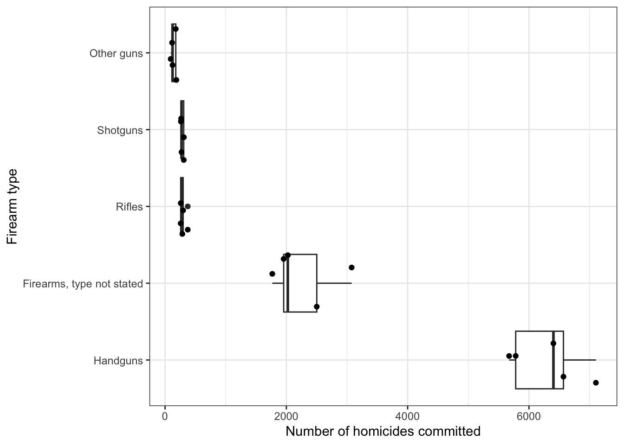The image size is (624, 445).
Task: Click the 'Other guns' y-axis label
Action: point(116,53)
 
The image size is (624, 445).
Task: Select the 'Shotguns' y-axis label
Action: point(120,130)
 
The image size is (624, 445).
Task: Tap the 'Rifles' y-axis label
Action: point(129,207)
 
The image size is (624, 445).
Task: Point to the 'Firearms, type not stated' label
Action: point(83,284)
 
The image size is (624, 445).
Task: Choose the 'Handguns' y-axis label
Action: point(118,360)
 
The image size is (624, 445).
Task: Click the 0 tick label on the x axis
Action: point(165,416)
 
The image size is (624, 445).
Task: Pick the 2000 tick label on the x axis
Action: point(286,416)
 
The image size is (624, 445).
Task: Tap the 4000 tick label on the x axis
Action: point(407,416)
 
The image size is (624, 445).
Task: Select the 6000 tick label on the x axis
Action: point(528,416)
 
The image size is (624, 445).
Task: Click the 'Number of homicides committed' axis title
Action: point(383,432)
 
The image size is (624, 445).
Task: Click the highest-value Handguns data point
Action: point(596,382)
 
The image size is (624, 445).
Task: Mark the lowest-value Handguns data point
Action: point(509,356)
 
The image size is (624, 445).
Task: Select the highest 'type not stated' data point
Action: point(351,267)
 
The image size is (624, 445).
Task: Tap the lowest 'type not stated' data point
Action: point(272,273)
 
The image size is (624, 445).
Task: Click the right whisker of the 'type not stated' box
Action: point(334,283)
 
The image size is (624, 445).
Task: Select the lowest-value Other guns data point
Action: point(170,59)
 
